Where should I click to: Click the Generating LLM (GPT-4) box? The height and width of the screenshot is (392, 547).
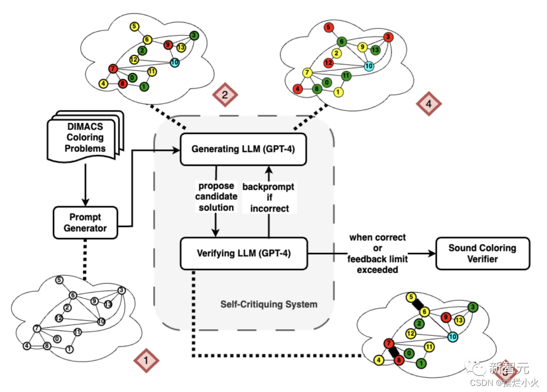pyautogui.click(x=243, y=149)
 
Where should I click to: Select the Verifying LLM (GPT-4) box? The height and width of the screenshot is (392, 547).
pyautogui.click(x=244, y=254)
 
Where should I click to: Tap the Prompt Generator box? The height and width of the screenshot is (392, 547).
pyautogui.click(x=85, y=223)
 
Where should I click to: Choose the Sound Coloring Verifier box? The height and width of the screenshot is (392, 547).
pyautogui.click(x=483, y=254)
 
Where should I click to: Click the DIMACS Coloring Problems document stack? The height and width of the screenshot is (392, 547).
pyautogui.click(x=86, y=137)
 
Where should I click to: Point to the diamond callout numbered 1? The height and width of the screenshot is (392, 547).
pyautogui.click(x=146, y=360)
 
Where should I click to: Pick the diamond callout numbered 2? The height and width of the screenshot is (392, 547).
pyautogui.click(x=225, y=95)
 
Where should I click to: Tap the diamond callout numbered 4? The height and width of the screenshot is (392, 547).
pyautogui.click(x=429, y=104)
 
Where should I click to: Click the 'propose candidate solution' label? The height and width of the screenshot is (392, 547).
pyautogui.click(x=216, y=197)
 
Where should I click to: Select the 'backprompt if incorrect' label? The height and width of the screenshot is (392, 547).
pyautogui.click(x=268, y=198)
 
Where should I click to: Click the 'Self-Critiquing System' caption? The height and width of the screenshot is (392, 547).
pyautogui.click(x=268, y=304)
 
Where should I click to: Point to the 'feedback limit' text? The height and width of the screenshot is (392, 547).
pyautogui.click(x=377, y=259)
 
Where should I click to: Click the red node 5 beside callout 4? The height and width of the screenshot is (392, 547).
pyautogui.click(x=328, y=27)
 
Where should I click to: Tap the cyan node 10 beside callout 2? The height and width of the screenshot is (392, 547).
pyautogui.click(x=174, y=62)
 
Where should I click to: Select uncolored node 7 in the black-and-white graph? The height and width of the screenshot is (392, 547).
pyautogui.click(x=36, y=329)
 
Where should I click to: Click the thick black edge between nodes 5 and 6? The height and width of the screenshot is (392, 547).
pyautogui.click(x=417, y=304)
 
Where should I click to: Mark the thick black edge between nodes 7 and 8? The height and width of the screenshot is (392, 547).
pyautogui.click(x=394, y=351)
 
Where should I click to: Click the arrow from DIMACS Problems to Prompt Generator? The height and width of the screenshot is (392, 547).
pyautogui.click(x=86, y=185)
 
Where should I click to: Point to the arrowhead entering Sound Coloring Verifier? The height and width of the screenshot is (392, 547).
pyautogui.click(x=432, y=254)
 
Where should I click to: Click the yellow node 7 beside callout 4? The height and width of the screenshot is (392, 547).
pyautogui.click(x=307, y=73)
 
